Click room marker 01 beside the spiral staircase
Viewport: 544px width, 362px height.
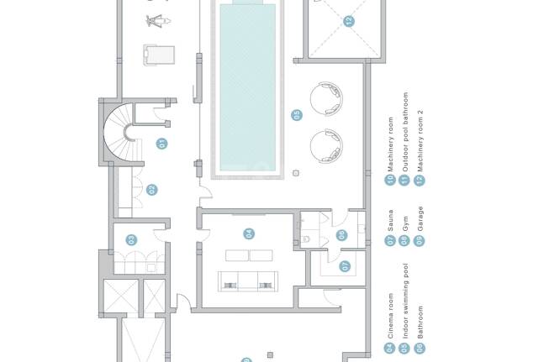pyautogui.click(x=161, y=144)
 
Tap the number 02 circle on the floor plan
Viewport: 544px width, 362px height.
pyautogui.click(x=151, y=190)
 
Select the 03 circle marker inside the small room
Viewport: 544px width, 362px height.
pyautogui.click(x=131, y=239)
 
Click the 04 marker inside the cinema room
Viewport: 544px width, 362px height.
pyautogui.click(x=249, y=233)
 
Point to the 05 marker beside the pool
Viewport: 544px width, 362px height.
pyautogui.click(x=297, y=115)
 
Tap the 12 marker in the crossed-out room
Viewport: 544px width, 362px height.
pyautogui.click(x=349, y=21)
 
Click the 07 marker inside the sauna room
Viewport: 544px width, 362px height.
pyautogui.click(x=345, y=266)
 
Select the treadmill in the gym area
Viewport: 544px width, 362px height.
pyautogui.click(x=159, y=55)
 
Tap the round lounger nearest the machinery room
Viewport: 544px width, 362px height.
pyautogui.click(x=326, y=98)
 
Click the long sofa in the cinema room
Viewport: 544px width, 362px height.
pyautogui.click(x=248, y=281)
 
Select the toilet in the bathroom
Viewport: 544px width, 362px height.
pyautogui.click(x=306, y=239)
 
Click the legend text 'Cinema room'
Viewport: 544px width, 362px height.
pyautogui.click(x=390, y=316)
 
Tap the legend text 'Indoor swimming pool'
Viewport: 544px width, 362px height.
pyautogui.click(x=405, y=301)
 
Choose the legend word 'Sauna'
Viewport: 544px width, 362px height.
pyautogui.click(x=390, y=220)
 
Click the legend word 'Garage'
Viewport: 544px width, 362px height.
pyautogui.click(x=420, y=218)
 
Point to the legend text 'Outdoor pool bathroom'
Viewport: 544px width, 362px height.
pyautogui.click(x=405, y=132)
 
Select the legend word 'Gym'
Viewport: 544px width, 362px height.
pyautogui.click(x=405, y=223)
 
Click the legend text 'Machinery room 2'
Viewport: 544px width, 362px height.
pyautogui.click(x=420, y=141)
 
